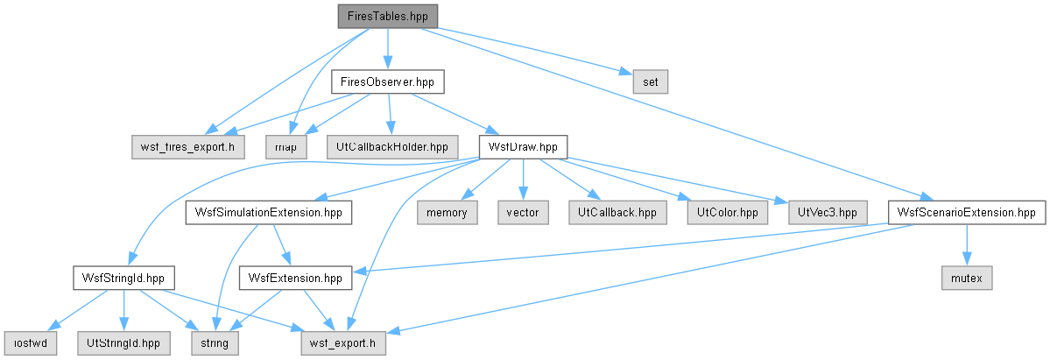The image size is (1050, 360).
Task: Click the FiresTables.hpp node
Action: click(388, 16)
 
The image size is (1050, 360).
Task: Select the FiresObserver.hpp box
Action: click(388, 81)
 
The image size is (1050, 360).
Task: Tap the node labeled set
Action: click(650, 81)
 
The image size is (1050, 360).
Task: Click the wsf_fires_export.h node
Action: click(187, 147)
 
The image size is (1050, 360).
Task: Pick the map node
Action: click(285, 147)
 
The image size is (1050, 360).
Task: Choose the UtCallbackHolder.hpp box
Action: click(392, 147)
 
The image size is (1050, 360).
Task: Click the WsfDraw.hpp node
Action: click(523, 147)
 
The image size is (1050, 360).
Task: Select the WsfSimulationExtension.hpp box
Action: click(269, 213)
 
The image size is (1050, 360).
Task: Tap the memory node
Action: click(447, 213)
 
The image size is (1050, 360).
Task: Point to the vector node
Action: click(523, 213)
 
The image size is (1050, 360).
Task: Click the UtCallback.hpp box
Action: click(618, 213)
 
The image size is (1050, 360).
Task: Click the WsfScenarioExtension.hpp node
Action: click(966, 213)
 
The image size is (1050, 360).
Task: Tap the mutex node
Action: click(966, 278)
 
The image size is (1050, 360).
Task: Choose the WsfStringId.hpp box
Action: click(123, 278)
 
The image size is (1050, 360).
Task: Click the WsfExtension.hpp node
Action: click(295, 278)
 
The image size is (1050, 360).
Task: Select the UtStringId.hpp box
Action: click(123, 343)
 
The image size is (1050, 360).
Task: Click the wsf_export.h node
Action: click(342, 343)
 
